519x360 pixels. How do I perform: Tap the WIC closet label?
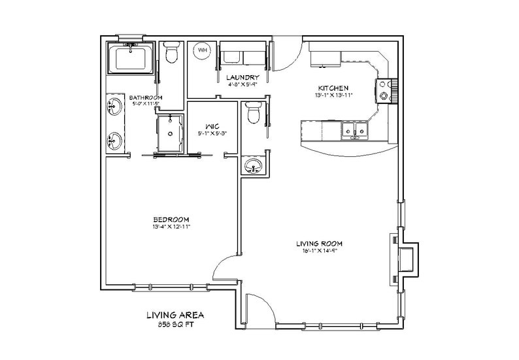click(x=211, y=127)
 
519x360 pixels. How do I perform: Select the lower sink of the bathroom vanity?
click(x=116, y=139)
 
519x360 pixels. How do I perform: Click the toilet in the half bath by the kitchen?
click(x=254, y=114)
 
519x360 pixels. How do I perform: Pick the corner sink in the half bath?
click(x=252, y=167)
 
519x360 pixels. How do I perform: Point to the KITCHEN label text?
click(x=333, y=88)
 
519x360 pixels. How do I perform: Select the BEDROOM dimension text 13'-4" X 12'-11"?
click(x=171, y=227)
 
